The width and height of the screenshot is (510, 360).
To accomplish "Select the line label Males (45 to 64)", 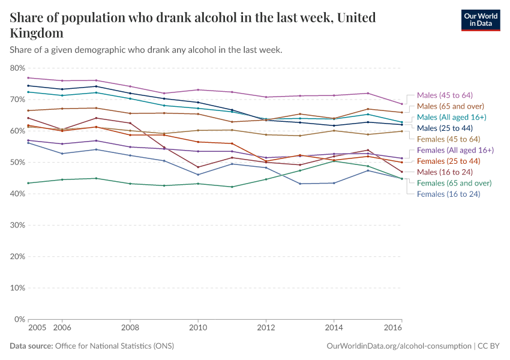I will click(x=445, y=95).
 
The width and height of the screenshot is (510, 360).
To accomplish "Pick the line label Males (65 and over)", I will click(x=450, y=106).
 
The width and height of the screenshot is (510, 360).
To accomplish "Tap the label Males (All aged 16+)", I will click(x=452, y=117).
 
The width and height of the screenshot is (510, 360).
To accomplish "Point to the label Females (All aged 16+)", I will click(x=455, y=150).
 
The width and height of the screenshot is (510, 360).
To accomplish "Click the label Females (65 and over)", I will click(x=454, y=183).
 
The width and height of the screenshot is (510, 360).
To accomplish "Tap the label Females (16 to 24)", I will click(x=449, y=194).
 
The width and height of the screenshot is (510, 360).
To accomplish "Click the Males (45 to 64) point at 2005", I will click(x=28, y=78).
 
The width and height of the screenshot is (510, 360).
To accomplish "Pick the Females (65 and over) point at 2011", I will click(x=232, y=187).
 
